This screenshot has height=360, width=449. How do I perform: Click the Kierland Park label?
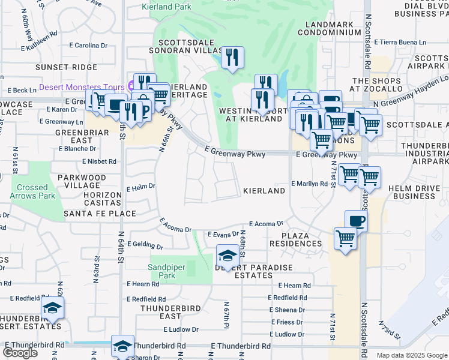point(166,7)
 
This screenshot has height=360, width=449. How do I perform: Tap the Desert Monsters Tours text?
point(82,87)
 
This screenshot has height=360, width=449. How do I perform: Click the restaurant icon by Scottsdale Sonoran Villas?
point(232,58)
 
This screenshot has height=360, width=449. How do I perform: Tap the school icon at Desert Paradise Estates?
point(226,256)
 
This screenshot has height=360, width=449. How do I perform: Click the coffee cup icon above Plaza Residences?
point(356,220)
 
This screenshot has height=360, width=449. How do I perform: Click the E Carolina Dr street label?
point(88,45)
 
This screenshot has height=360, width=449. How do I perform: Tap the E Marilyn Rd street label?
point(309,184)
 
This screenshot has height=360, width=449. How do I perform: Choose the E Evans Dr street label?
point(223,235)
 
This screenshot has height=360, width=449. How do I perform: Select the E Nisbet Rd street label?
point(99,161)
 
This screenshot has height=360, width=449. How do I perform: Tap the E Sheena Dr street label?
point(288,310)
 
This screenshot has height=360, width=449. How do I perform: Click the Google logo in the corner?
point(20,353)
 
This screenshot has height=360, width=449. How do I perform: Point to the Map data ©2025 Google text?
point(411,355)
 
